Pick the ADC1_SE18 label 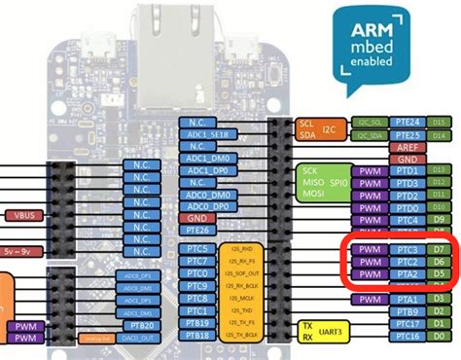(204, 136)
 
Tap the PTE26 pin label (198, 231)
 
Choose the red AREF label (408, 147)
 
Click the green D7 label (438, 250)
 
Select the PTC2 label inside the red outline (408, 262)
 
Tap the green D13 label (439, 123)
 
